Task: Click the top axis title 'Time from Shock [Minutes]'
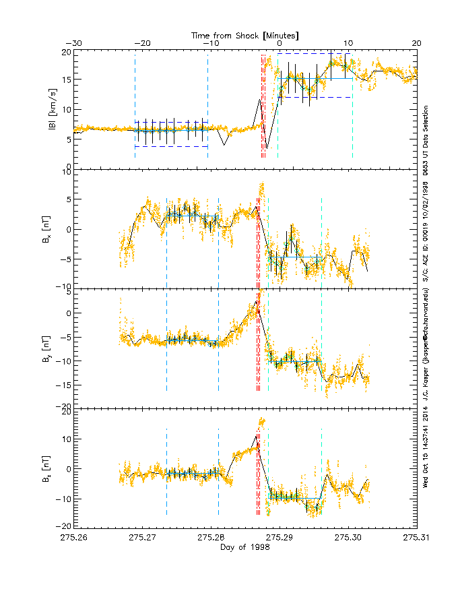[245, 35]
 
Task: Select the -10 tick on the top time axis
[210, 44]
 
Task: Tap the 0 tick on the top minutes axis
[280, 44]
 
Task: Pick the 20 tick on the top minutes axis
[416, 44]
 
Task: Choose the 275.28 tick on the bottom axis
[211, 536]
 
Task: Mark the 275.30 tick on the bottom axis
[348, 536]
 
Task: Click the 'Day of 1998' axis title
[245, 547]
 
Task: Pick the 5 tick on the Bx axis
[67, 200]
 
